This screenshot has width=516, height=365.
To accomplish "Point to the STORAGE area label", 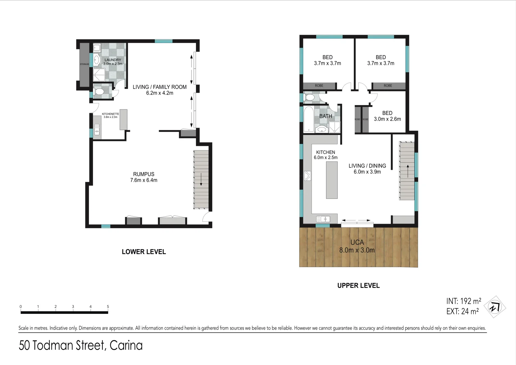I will pos(84,64).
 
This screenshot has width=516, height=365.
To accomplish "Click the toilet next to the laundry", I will pos(100,92).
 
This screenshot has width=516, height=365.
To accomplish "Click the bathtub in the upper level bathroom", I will pos(309,119).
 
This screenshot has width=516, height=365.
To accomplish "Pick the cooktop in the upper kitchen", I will pos(308,176).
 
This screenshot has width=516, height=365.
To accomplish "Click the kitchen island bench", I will pos(331,180).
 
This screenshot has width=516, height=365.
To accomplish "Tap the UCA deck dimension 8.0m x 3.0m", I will pos(357,250).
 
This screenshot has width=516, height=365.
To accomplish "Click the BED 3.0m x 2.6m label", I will pos(387,116).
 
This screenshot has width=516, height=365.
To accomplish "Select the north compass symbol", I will pos(495,307).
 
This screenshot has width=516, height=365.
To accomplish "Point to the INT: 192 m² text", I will pos(463,301).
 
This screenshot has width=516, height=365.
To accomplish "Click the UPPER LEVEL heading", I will pos(358,286).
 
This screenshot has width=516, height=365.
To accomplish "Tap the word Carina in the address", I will pos(126,345).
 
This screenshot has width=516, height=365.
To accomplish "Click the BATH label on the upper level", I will pos(325,116).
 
